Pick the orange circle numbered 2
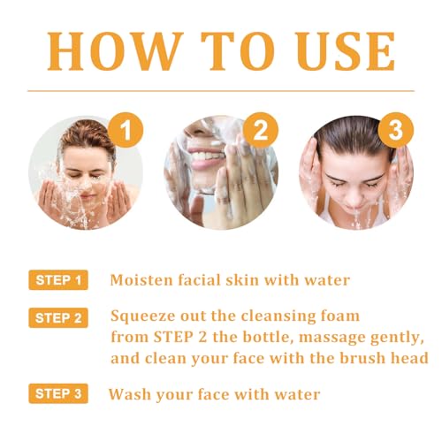(260, 132)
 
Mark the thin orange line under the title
(221, 90)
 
